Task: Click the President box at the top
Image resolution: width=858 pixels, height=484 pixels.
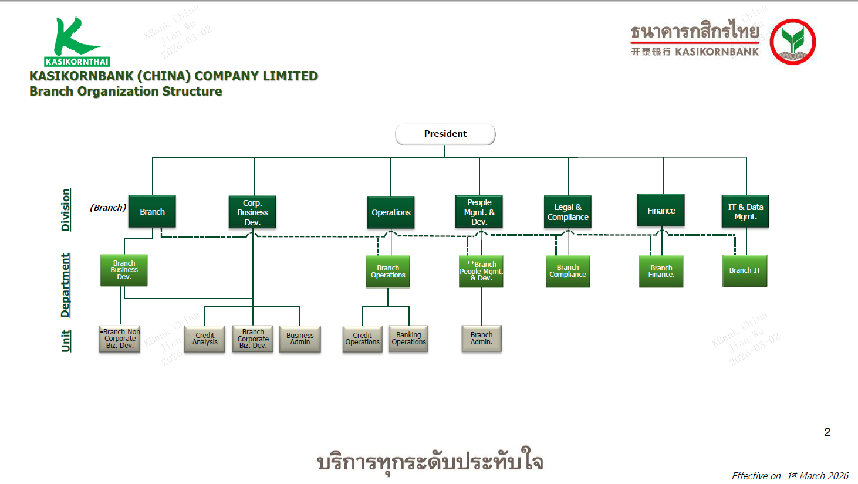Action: [445, 134]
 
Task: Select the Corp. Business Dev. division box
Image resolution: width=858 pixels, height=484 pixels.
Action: [252, 212]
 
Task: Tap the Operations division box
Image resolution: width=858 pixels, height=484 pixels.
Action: [391, 212]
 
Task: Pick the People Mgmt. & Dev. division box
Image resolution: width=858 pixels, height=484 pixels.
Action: [479, 212]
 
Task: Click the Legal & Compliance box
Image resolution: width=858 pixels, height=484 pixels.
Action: [568, 212]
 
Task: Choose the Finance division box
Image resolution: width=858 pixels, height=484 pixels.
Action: [661, 211]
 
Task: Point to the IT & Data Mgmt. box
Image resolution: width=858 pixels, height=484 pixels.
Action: [745, 212]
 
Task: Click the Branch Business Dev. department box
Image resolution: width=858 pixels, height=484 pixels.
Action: [124, 270]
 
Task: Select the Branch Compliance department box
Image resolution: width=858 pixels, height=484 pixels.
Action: [568, 271]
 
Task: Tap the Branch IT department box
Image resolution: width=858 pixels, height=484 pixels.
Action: [745, 270]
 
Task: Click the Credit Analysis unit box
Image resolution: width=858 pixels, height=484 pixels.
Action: [205, 339]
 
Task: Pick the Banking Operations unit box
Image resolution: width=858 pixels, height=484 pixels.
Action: [408, 339]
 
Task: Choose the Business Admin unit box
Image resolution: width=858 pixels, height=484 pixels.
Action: [300, 339]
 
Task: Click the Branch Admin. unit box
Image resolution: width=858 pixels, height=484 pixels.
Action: [481, 339]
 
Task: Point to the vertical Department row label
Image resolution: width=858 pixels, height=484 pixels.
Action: [66, 285]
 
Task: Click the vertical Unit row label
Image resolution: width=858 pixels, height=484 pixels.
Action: [66, 340]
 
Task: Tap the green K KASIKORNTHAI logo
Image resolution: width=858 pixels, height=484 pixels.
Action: [77, 42]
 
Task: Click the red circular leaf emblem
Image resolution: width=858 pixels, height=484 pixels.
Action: [792, 42]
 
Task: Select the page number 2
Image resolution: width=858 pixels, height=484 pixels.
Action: [827, 432]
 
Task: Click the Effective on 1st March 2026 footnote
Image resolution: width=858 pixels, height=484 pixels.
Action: [789, 476]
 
